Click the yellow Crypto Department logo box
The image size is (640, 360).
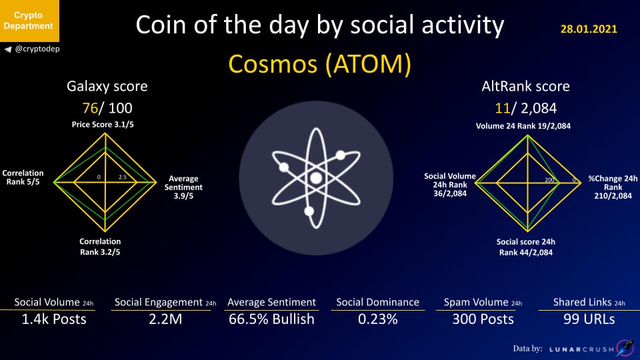pos(29,21)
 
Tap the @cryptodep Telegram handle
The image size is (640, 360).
pos(37,49)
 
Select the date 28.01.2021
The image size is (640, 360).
pos(589,29)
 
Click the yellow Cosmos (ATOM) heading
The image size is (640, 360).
pos(319,64)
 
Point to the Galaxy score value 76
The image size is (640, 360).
pos(90,108)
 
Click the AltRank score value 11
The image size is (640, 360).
pos(503,108)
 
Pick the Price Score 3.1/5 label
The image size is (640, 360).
pos(103,125)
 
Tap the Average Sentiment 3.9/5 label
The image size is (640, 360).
pos(183,187)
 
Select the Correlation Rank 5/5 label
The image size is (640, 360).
pos(23,177)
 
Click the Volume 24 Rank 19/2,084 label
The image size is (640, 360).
pos(523,126)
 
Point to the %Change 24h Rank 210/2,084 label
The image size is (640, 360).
pos(613,187)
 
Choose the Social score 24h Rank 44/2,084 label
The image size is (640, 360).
pos(526,247)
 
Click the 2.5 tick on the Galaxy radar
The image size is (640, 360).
pos(123,177)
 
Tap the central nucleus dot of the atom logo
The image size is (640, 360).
pos(316,178)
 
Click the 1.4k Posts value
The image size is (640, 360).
pos(54,319)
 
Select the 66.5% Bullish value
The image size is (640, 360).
pos(271,319)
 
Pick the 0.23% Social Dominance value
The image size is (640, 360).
pos(378,319)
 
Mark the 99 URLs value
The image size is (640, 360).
pos(589,319)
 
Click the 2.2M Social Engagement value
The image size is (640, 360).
pos(165,319)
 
